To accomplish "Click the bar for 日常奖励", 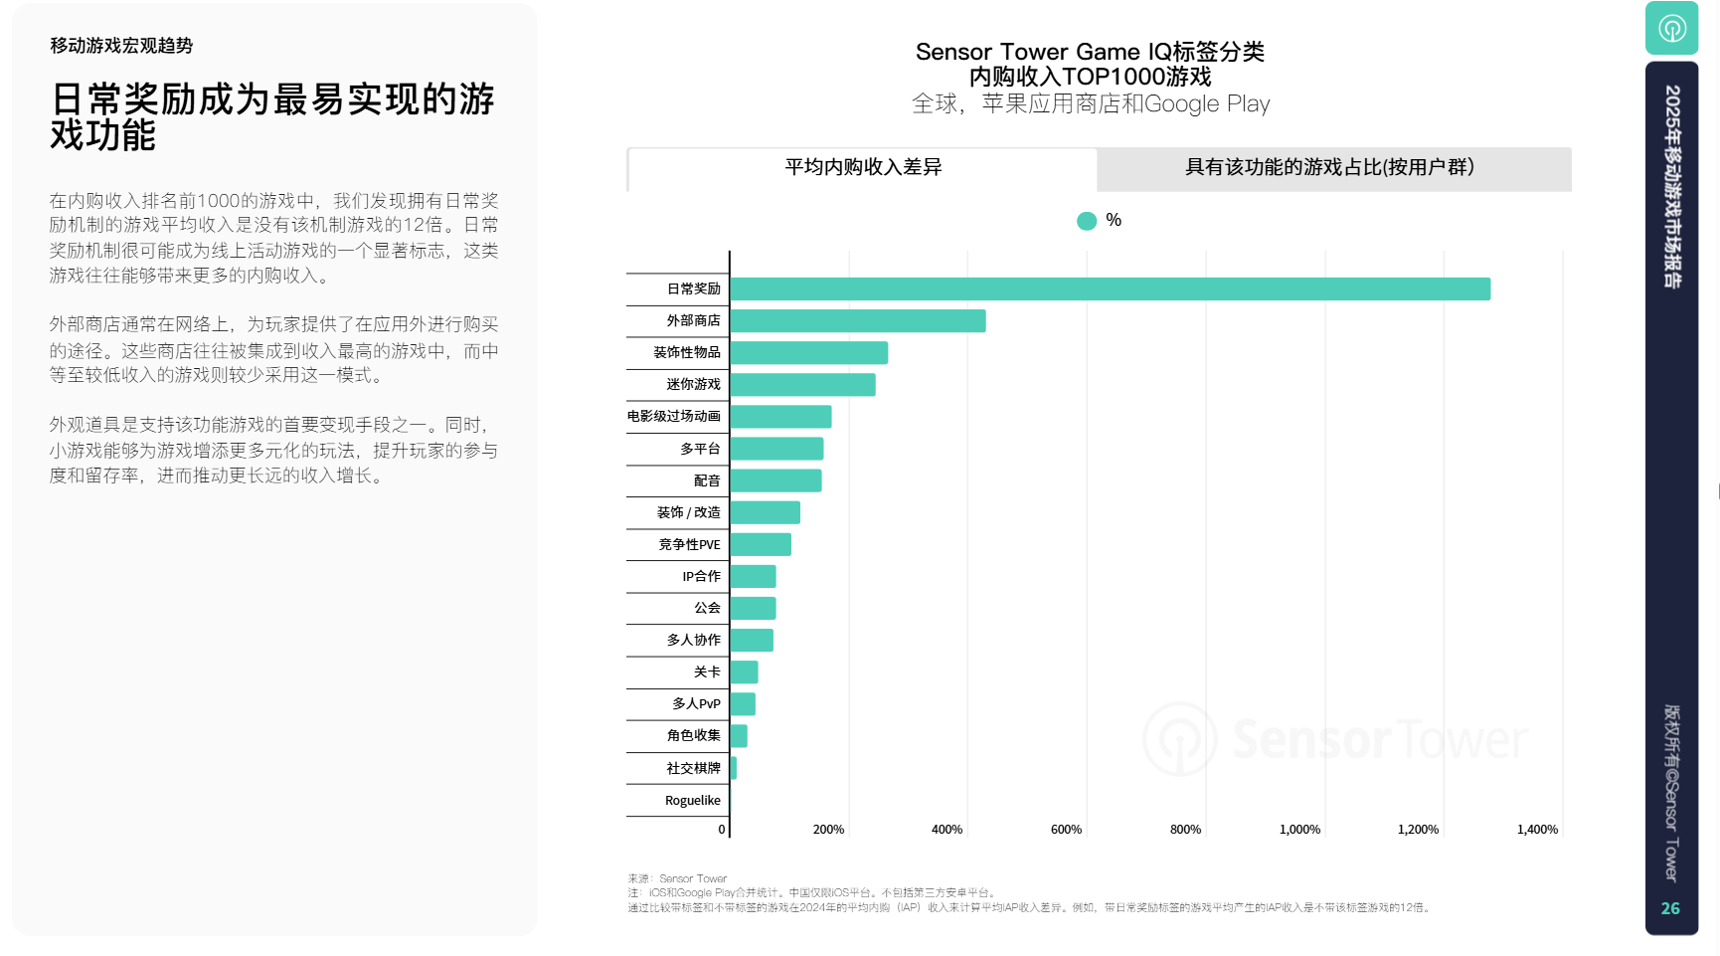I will click(x=1110, y=288).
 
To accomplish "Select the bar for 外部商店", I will click(x=857, y=320).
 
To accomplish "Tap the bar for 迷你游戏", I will click(x=802, y=384).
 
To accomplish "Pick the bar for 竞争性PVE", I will click(x=761, y=544).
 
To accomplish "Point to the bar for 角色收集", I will click(x=739, y=736).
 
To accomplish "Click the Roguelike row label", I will click(x=692, y=801).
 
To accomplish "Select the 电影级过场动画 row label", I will click(x=674, y=416).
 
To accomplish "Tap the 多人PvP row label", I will click(x=696, y=704).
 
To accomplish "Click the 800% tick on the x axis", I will click(x=1185, y=830).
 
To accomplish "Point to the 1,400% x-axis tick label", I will click(x=1537, y=830).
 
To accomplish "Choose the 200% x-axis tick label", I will click(x=828, y=830).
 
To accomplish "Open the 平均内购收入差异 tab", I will click(x=863, y=168).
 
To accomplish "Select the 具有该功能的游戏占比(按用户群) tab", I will click(x=1329, y=168).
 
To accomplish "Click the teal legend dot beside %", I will click(x=1087, y=221).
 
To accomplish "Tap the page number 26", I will click(x=1670, y=908).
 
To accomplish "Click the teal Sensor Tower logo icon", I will click(x=1671, y=28).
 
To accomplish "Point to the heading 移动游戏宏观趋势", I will click(x=121, y=46).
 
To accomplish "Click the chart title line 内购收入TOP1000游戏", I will click(x=1090, y=77).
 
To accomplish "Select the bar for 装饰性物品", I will click(x=808, y=352).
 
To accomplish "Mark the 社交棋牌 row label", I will click(x=693, y=768).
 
